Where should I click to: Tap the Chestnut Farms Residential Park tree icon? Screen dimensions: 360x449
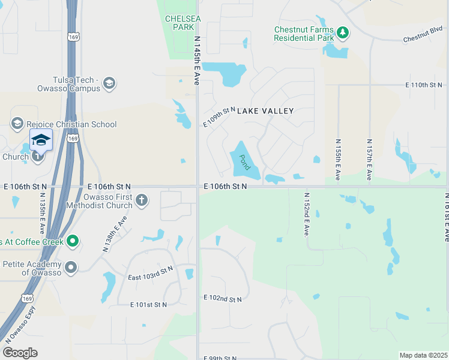[342, 32]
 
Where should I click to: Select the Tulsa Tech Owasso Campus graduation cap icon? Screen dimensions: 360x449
[109, 83]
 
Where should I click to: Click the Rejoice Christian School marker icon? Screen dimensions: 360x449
[17, 124]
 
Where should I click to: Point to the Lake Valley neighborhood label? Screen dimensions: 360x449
[265, 111]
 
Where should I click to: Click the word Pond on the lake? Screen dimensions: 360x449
[244, 163]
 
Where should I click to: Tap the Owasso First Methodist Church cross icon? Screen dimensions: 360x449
[141, 200]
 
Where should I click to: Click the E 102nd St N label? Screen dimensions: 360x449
[223, 298]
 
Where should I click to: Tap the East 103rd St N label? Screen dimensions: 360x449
[150, 273]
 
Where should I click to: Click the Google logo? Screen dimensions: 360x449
[20, 353]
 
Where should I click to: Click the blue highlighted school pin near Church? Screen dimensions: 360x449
[41, 140]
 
